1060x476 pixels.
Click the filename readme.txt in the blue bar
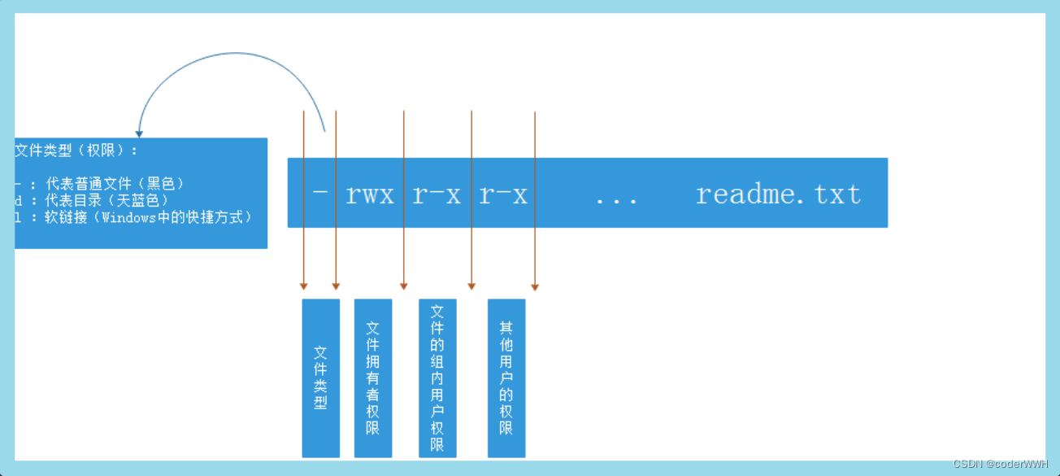point(778,194)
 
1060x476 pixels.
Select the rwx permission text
point(370,195)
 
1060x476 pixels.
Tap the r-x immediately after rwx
point(437,195)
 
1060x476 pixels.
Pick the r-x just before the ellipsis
point(503,195)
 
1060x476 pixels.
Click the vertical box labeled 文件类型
point(320,378)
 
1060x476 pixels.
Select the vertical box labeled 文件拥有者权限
point(373,378)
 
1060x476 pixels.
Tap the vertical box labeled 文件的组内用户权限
point(437,378)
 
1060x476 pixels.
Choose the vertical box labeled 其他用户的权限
point(506,378)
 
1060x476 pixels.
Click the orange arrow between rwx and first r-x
point(404,244)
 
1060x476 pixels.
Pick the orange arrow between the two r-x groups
point(471,244)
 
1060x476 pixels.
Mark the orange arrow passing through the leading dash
point(336,244)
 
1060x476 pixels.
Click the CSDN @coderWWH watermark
point(1004,464)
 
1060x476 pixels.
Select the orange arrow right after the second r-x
point(535,244)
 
